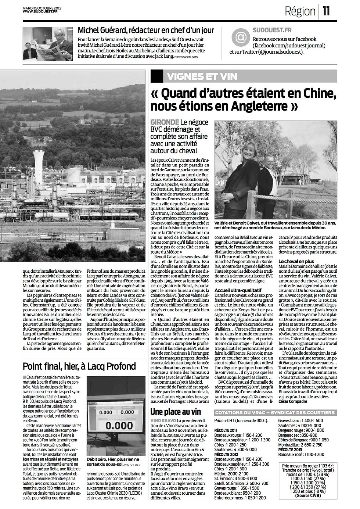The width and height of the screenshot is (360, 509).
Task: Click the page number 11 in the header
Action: coord(327,12)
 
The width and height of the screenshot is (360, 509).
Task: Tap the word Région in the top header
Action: coord(300,12)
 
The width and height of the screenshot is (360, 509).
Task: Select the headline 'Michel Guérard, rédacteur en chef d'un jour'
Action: coord(146,30)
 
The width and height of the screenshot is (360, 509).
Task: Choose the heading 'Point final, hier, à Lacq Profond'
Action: coord(79,366)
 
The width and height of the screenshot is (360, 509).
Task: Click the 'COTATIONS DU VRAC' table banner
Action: coord(275,413)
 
